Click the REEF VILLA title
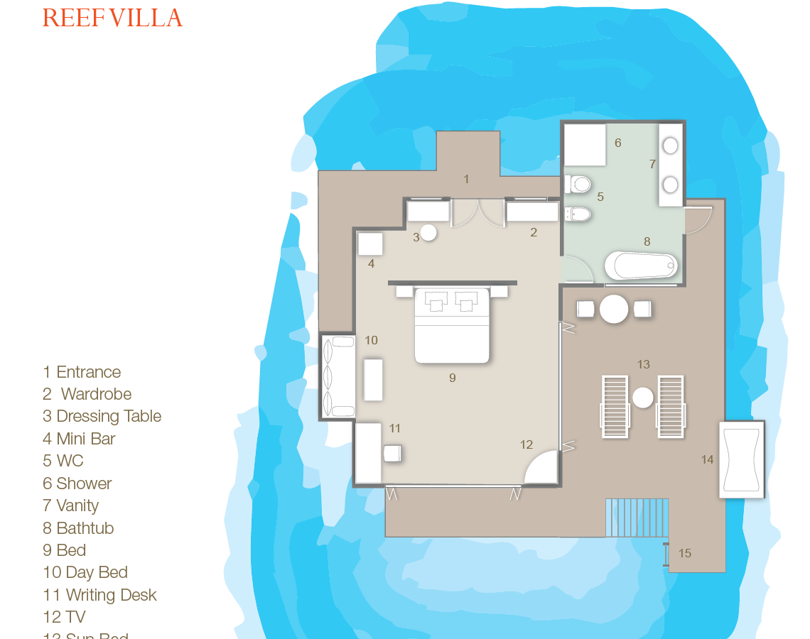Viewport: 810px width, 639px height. [112, 18]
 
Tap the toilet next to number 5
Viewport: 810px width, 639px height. [578, 185]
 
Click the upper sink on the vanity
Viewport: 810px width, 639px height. [670, 146]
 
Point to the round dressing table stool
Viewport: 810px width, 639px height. [428, 232]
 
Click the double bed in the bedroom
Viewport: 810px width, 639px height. [452, 326]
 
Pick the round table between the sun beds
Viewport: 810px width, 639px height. [642, 398]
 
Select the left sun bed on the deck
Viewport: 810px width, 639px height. [615, 406]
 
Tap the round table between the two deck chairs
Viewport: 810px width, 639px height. [614, 309]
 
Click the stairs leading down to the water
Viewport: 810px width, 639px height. [637, 518]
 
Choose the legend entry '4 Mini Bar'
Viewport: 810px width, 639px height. [79, 439]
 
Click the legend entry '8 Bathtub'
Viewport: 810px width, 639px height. [78, 528]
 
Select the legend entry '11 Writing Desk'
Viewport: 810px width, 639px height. [99, 595]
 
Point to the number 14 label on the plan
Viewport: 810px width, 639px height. [707, 460]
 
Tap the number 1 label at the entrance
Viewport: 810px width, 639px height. [466, 179]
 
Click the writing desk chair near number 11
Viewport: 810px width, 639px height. [391, 453]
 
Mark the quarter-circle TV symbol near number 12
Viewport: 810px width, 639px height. [543, 469]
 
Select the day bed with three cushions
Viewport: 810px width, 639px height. [339, 376]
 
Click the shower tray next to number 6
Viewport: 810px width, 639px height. [585, 145]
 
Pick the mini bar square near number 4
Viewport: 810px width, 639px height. [370, 244]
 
